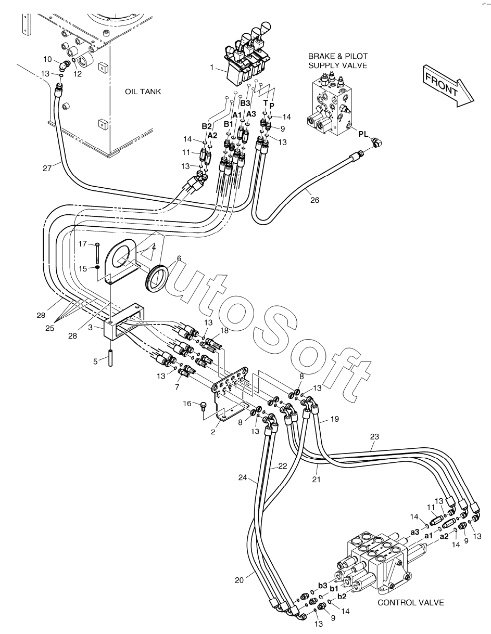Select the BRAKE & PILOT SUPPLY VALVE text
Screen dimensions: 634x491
click(x=337, y=61)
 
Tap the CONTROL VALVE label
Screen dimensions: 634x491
click(x=410, y=602)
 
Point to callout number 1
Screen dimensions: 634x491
click(x=212, y=67)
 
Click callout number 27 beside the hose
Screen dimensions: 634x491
click(x=47, y=167)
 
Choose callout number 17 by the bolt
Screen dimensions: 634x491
click(x=83, y=243)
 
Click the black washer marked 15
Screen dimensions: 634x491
click(x=97, y=268)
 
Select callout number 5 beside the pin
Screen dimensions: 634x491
click(x=96, y=361)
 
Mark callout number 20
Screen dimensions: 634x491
click(x=239, y=580)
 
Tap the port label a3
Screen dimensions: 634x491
click(x=414, y=532)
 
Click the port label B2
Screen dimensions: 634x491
click(x=207, y=126)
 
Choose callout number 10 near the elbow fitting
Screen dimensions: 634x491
click(x=47, y=59)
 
